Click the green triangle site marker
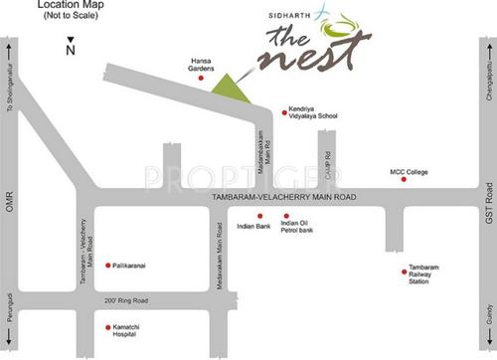coord(231,87)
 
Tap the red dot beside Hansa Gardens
coord(202,78)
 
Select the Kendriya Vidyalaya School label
coord(312,112)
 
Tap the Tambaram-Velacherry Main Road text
coord(284,199)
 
